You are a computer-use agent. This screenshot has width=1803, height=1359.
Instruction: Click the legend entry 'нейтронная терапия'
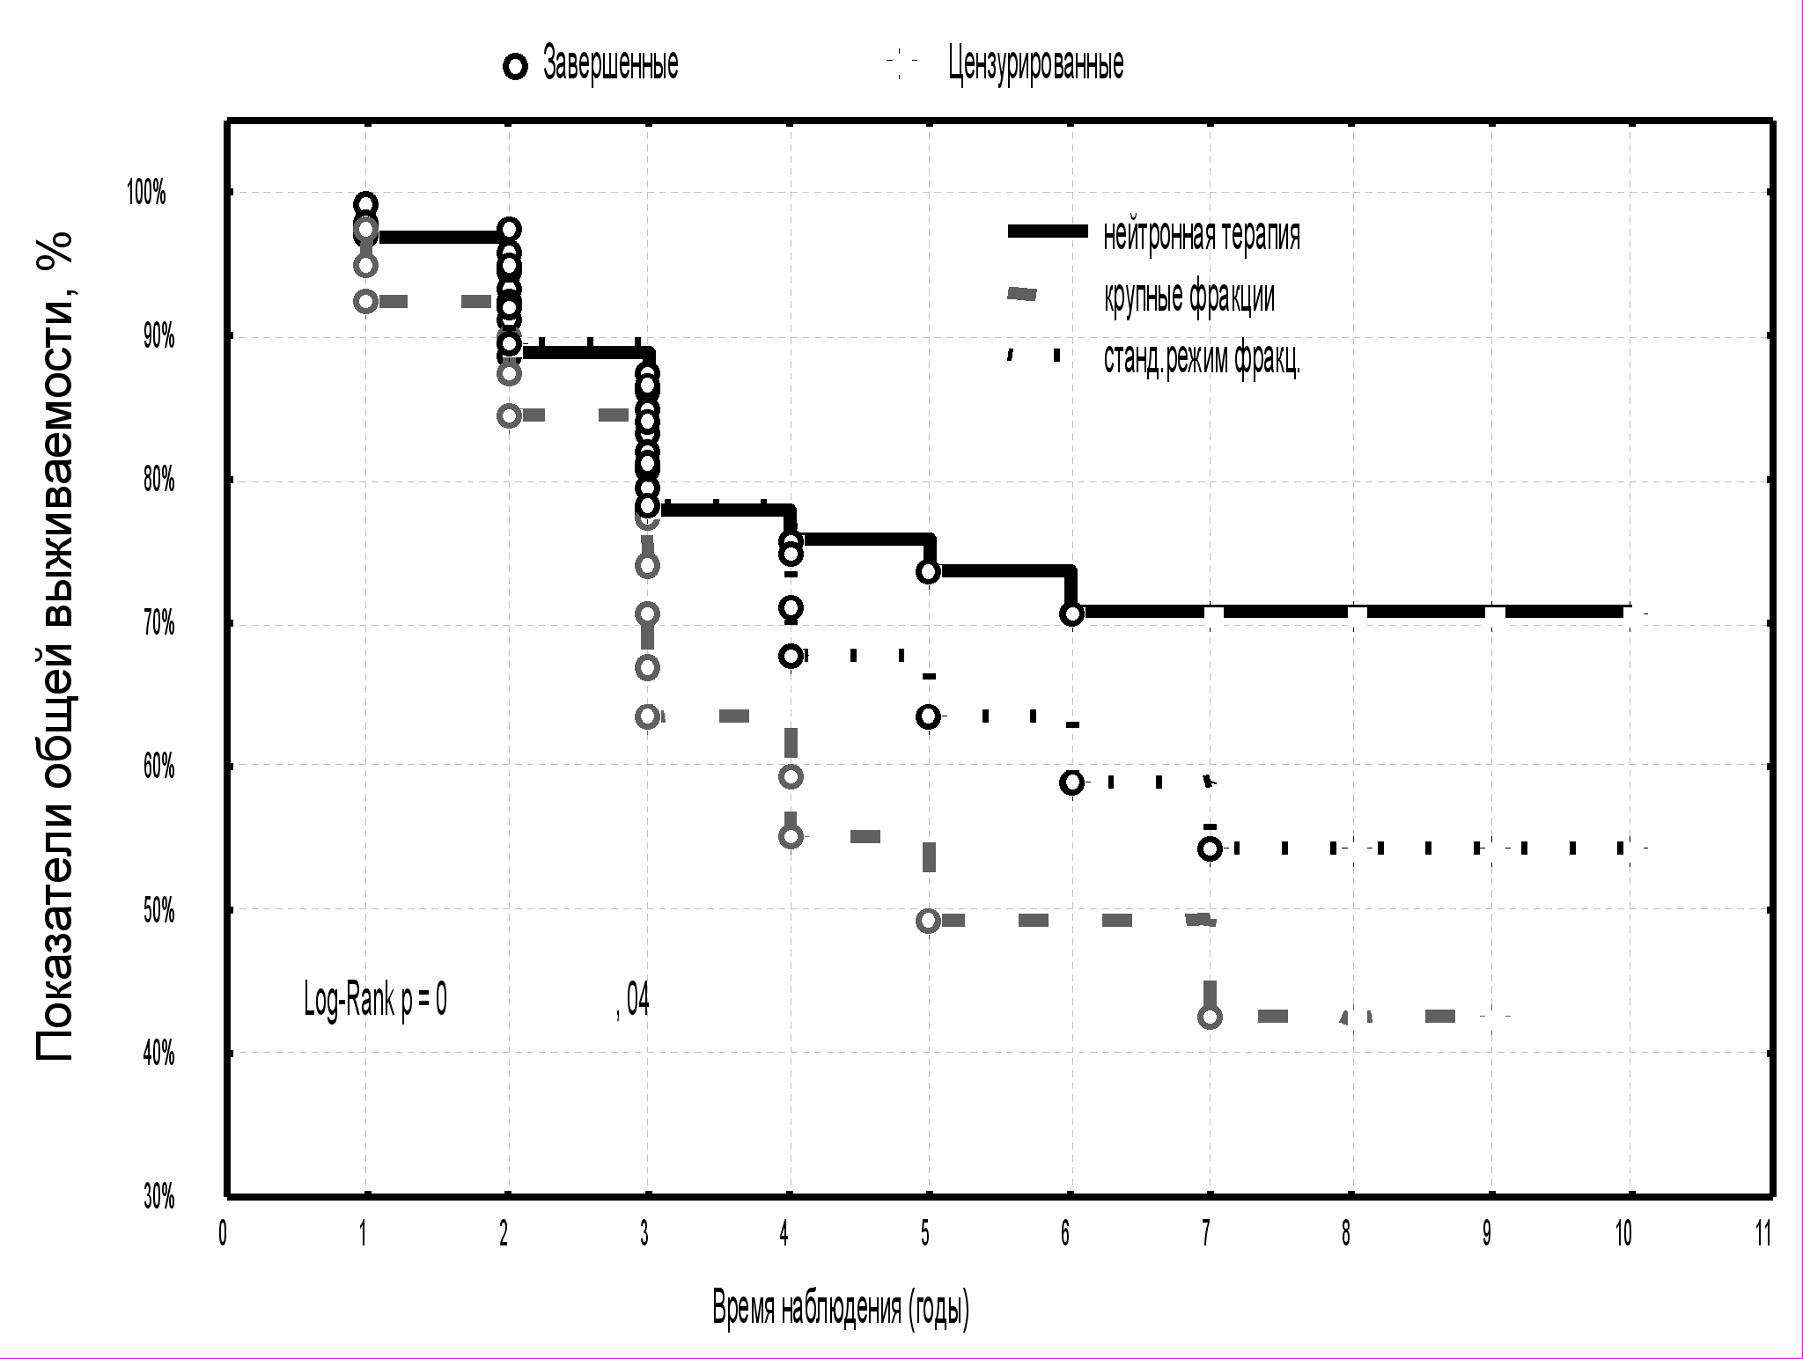click(x=1201, y=235)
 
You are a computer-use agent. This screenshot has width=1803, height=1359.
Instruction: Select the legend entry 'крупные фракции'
click(x=1189, y=297)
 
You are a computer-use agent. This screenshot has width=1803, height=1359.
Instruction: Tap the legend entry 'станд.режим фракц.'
click(x=1202, y=358)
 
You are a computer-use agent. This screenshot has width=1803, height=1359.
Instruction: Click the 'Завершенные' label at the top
click(x=610, y=64)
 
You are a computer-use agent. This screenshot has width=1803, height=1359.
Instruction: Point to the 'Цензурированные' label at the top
click(x=1035, y=64)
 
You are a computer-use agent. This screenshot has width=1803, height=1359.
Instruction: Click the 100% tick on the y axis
click(x=147, y=193)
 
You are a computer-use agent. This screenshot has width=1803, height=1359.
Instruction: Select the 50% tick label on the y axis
click(x=158, y=911)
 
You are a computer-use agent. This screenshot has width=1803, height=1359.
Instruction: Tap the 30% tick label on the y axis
click(x=158, y=1197)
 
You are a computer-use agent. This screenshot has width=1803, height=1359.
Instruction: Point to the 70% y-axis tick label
click(x=158, y=625)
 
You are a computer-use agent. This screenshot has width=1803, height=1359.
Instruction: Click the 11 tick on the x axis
click(x=1763, y=1234)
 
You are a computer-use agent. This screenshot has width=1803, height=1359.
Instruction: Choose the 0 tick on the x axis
click(x=224, y=1234)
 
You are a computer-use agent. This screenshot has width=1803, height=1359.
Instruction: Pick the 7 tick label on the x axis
click(x=1206, y=1234)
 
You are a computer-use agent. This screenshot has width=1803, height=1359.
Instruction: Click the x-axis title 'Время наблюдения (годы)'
click(x=841, y=1309)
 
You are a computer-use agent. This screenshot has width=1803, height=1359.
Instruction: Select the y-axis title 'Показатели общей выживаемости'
click(x=55, y=647)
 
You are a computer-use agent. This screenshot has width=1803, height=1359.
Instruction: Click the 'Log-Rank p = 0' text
click(x=375, y=1000)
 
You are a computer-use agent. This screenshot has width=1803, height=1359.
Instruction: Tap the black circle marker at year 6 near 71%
click(x=1071, y=613)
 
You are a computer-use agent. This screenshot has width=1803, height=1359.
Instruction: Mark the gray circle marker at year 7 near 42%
click(x=1211, y=1017)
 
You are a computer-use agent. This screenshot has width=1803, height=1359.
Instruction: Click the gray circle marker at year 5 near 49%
click(x=927, y=921)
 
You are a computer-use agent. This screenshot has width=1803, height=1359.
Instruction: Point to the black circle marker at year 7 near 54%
click(x=1210, y=848)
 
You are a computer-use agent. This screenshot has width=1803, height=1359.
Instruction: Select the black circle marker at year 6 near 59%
click(x=1071, y=782)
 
